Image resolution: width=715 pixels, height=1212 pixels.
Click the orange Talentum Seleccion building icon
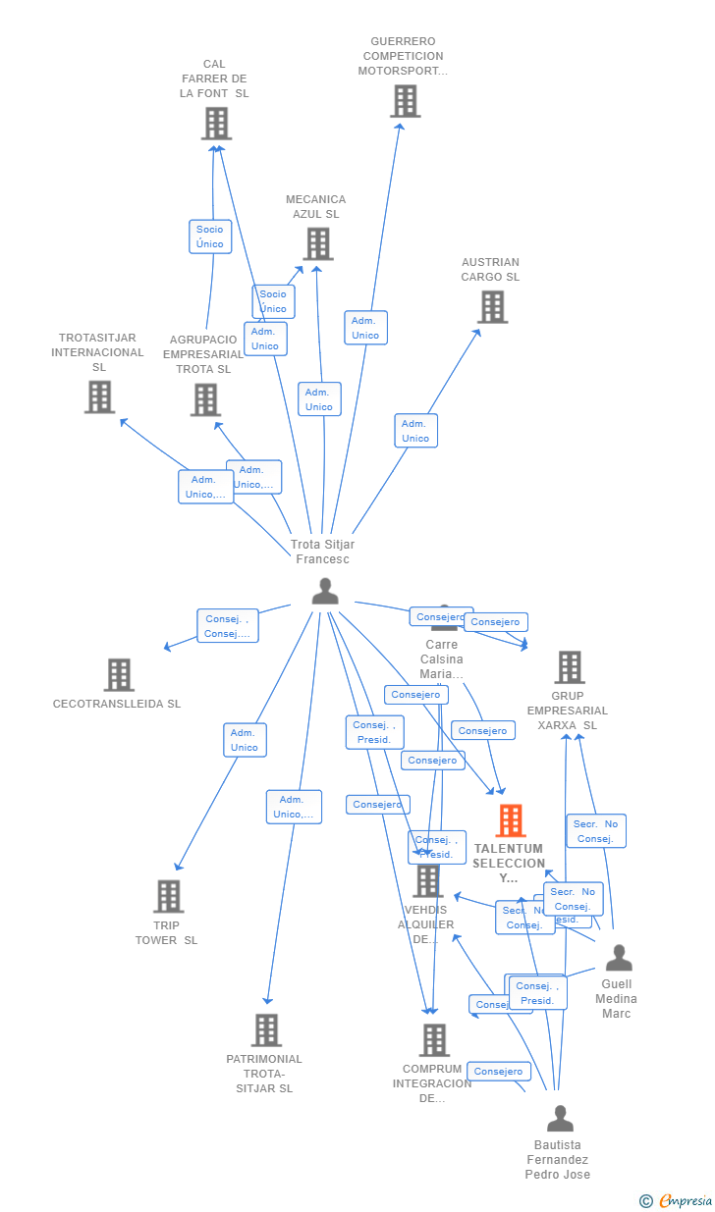point(510,820)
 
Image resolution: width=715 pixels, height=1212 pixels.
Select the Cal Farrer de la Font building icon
point(216,124)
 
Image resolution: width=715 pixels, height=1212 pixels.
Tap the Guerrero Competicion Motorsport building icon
point(405,101)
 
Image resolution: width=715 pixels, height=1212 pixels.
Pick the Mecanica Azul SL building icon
point(317,243)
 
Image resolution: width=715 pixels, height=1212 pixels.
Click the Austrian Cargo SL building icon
point(492,306)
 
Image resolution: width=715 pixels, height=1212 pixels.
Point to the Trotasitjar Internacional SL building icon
point(99,396)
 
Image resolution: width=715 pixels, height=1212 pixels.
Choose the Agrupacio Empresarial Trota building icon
point(204,399)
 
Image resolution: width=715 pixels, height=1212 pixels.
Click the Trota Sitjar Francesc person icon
point(325,591)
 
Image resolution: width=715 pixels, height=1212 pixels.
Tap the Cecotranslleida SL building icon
point(119,674)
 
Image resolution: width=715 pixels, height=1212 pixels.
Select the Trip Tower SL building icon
point(168,896)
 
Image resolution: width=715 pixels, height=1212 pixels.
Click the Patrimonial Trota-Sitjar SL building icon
point(266,1030)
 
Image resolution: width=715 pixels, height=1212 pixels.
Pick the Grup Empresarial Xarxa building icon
point(569,667)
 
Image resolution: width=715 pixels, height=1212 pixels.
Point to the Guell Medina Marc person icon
point(619,957)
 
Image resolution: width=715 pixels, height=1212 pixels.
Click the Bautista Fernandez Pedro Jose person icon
point(560,1118)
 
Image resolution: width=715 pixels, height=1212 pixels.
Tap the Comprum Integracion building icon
point(434,1040)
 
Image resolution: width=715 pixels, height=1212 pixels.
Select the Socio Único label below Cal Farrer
point(210,237)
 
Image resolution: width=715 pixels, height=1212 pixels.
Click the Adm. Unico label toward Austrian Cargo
point(415,431)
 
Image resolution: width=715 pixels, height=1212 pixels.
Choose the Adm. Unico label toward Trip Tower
point(245,740)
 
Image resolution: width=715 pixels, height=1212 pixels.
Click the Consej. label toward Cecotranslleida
point(228,626)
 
